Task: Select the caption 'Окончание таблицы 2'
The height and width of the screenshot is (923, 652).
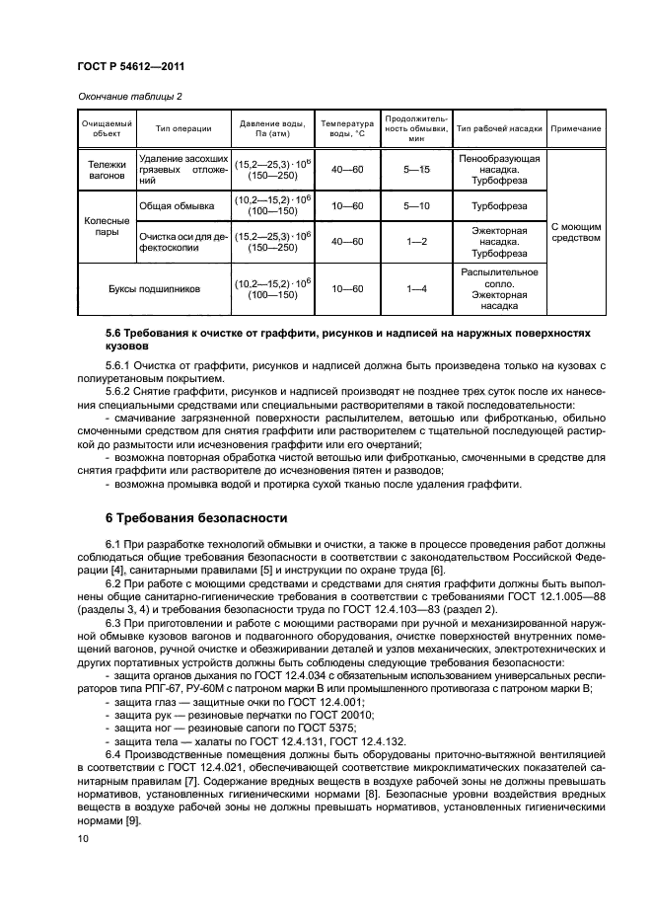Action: click(127, 96)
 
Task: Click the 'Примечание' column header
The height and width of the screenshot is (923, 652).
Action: click(576, 128)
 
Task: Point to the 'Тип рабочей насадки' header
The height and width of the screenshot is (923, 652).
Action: click(499, 128)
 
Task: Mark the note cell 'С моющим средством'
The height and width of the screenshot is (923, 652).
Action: click(576, 232)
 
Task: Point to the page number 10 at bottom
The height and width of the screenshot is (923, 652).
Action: click(83, 838)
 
